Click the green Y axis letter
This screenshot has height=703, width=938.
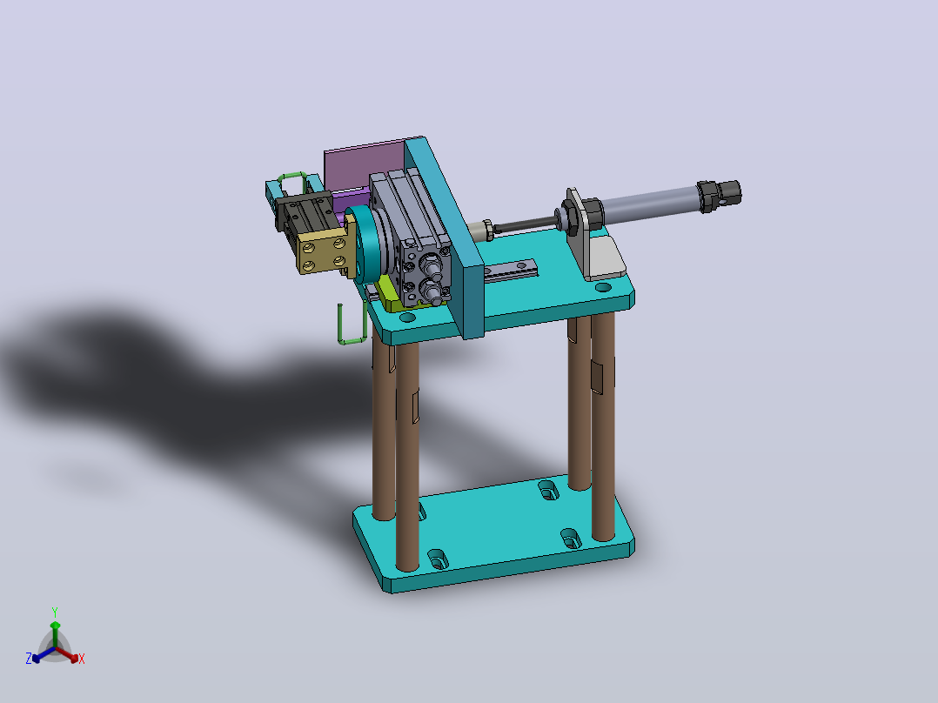[55, 612]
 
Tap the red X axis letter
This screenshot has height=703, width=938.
[82, 659]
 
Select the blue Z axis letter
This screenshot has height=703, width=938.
[29, 658]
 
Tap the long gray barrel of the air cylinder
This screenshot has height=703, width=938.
[650, 203]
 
